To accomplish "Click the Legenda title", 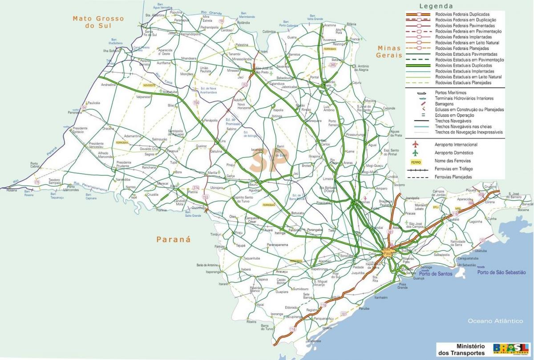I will [436, 6].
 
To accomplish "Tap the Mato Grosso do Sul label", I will [98, 22].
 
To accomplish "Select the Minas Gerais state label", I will [388, 52].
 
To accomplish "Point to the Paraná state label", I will [173, 239].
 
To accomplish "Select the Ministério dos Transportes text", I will [464, 349].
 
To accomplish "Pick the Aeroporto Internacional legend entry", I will [456, 145].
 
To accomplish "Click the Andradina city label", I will [108, 85].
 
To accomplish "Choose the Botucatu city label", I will [297, 213].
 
